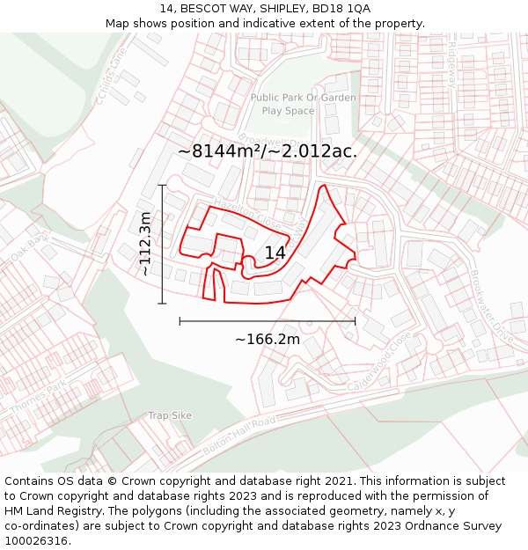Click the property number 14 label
(x=275, y=253)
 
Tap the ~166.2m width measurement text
(x=268, y=340)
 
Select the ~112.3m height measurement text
(x=146, y=244)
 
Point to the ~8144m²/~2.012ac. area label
(x=268, y=151)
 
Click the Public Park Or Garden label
(x=304, y=98)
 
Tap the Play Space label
(x=288, y=111)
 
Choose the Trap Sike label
(x=170, y=415)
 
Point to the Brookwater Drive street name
(x=491, y=306)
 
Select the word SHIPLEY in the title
(x=264, y=8)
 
